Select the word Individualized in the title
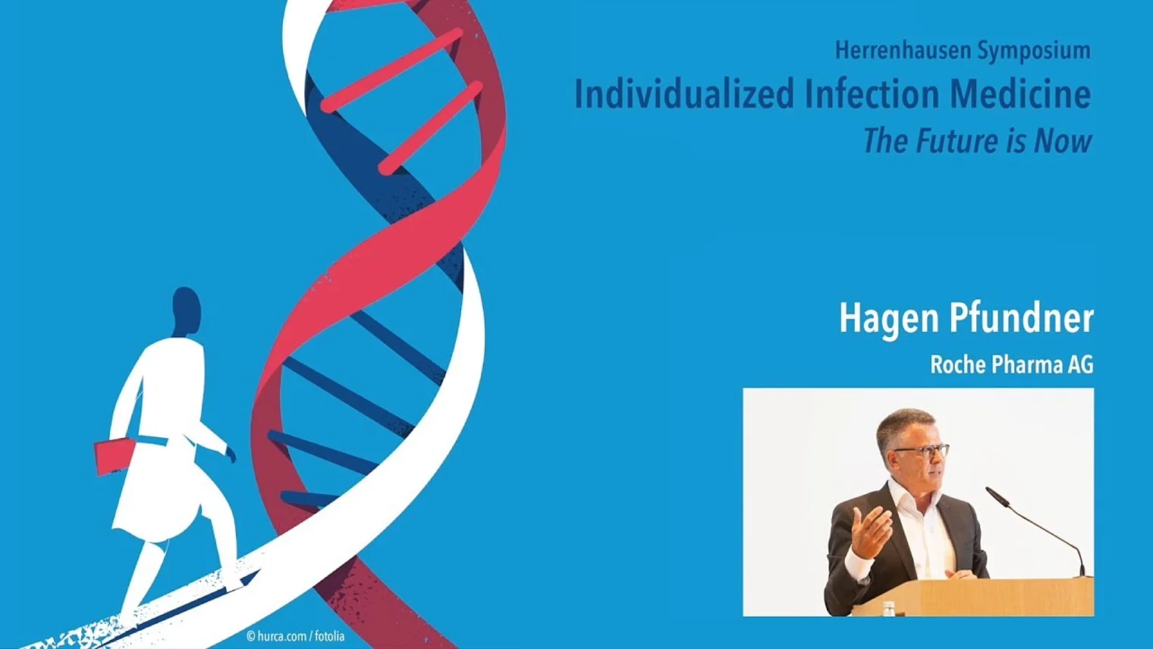click(684, 94)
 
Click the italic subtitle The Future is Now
click(978, 141)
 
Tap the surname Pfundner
click(1022, 318)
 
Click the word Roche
click(958, 364)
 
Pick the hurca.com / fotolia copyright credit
click(296, 636)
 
